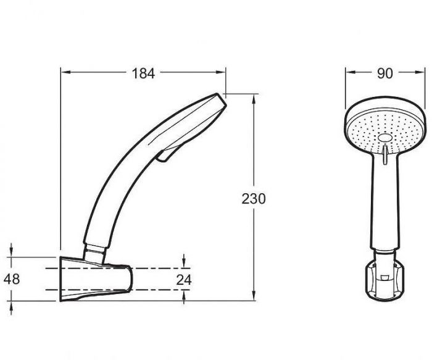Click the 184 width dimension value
click(x=143, y=73)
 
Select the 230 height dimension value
click(x=254, y=199)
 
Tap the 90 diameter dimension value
click(x=385, y=73)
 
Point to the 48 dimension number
click(x=12, y=279)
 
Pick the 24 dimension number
click(x=184, y=280)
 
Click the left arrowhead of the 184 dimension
click(x=66, y=72)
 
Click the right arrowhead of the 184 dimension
click(x=220, y=72)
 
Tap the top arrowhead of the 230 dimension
click(x=254, y=99)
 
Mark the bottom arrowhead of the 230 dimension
click(x=254, y=295)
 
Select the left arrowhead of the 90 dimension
click(x=351, y=72)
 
